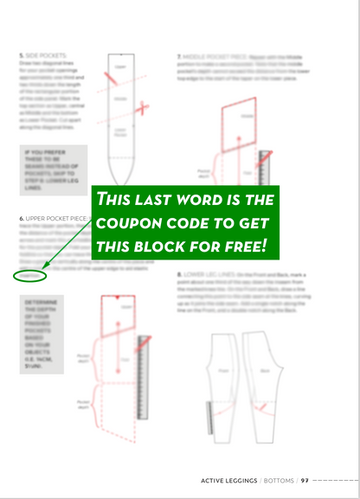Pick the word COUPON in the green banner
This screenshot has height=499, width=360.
point(133,223)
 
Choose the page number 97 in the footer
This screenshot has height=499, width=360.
point(305,480)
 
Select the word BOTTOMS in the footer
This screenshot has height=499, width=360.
point(278,480)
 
